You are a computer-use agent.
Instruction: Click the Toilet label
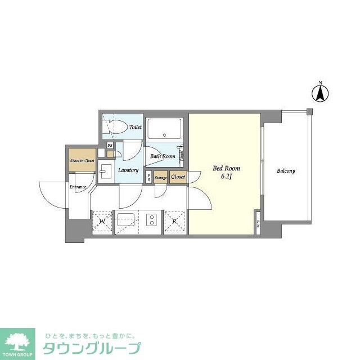(x=135, y=127)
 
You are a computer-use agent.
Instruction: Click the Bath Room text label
(x=163, y=156)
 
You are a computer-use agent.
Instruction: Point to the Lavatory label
(x=128, y=170)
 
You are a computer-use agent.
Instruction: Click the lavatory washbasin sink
(x=106, y=171)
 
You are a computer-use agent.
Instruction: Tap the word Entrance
(x=78, y=187)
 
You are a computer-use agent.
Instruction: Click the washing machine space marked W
(x=103, y=222)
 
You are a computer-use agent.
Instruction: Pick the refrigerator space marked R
(x=175, y=222)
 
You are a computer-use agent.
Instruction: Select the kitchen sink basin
(x=124, y=219)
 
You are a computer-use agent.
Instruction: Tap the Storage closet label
(x=161, y=178)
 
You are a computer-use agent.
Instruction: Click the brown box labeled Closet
(x=178, y=177)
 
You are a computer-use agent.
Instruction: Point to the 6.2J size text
(x=226, y=177)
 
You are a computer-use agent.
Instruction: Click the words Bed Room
(x=226, y=168)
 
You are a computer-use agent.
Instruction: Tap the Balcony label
(x=285, y=171)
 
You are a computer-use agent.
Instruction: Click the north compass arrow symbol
(x=320, y=92)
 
